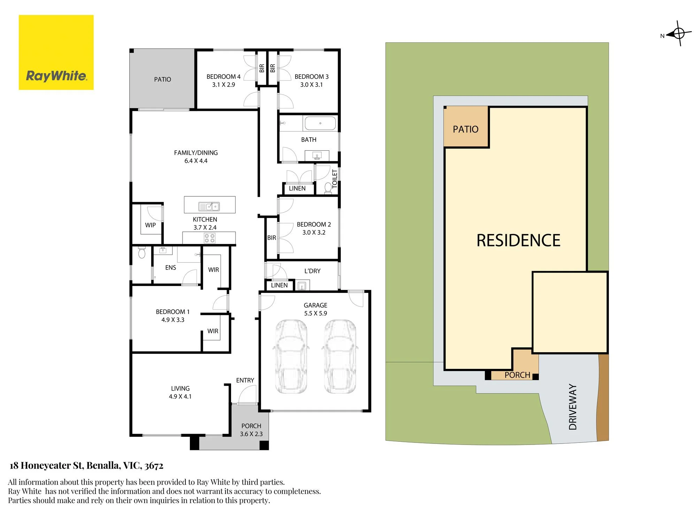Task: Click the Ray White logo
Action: click(x=56, y=52)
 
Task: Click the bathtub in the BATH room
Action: click(x=320, y=123)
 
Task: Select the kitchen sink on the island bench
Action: click(x=209, y=206)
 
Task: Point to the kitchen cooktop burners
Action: click(x=210, y=238)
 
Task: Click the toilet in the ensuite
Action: click(x=141, y=252)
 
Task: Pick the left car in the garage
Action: click(x=291, y=356)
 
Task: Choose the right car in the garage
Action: click(x=340, y=356)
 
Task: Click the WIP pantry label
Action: click(x=151, y=225)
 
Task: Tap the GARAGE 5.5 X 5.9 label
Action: click(x=315, y=309)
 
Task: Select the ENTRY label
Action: click(x=245, y=380)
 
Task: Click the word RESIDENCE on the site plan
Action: click(x=518, y=241)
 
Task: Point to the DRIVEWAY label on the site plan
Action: click(x=573, y=407)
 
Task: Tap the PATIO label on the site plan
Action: click(x=466, y=129)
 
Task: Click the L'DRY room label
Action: click(x=312, y=271)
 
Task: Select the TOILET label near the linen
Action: click(x=335, y=179)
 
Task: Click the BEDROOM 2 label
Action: click(x=314, y=225)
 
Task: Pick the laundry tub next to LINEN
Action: click(x=302, y=286)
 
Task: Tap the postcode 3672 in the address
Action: click(x=154, y=466)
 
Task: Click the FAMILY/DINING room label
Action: click(x=196, y=153)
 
